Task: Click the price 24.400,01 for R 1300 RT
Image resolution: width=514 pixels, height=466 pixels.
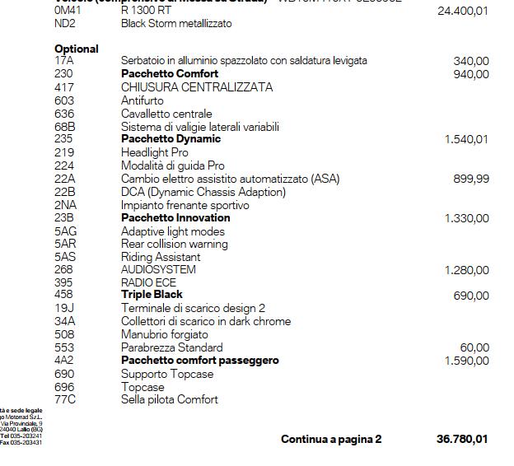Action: coord(463,12)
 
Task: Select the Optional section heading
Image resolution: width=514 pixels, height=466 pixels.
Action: coord(77,49)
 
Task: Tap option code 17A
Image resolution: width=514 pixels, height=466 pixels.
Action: coord(64,61)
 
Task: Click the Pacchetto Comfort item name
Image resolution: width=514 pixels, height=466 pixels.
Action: coord(170,74)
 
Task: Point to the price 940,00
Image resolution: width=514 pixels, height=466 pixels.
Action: coord(470,74)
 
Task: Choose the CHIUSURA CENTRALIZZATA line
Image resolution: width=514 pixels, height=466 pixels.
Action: coord(197,87)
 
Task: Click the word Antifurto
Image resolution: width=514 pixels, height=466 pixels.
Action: coord(143,100)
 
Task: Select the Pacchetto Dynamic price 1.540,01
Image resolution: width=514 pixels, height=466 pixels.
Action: coord(466,139)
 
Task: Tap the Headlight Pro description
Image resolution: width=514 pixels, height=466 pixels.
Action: coord(155,152)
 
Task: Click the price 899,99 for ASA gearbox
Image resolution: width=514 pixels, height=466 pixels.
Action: coord(470,179)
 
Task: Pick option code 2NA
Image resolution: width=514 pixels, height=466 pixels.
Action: coord(66,205)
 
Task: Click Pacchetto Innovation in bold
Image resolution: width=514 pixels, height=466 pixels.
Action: coord(175,218)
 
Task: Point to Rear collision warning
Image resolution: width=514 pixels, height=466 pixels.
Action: coord(175,245)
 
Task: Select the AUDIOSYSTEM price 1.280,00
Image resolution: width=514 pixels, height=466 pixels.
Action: coord(466,270)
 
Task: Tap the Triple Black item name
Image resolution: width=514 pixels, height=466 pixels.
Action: coord(152,295)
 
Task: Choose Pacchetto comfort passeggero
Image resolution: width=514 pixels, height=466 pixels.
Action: coord(200,361)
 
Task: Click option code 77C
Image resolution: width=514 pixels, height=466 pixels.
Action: coord(65,400)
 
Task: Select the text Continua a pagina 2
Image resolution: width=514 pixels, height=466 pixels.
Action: coord(331,440)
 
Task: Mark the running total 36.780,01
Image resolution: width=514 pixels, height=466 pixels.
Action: coord(462,440)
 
